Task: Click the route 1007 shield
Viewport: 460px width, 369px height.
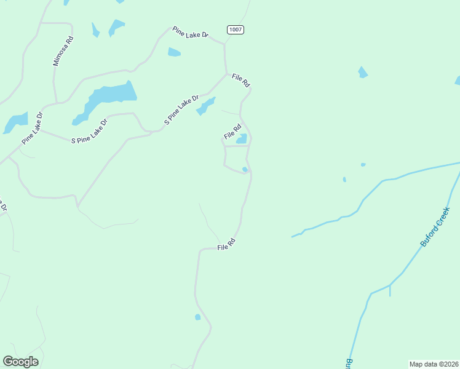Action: pos(235,30)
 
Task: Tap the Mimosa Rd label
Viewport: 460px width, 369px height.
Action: pos(63,51)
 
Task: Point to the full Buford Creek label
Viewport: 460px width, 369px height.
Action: pos(436,227)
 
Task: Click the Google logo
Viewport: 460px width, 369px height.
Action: pos(20,362)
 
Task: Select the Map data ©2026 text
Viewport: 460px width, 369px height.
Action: pos(434,363)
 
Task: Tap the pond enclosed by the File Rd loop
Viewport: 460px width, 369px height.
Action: pos(242,139)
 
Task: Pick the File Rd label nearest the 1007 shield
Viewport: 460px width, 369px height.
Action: pos(241,80)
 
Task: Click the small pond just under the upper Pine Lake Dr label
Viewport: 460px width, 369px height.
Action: pos(174,52)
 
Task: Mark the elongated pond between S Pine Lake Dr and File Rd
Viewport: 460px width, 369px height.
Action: pos(205,106)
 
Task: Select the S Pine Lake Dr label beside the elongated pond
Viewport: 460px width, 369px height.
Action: pos(182,111)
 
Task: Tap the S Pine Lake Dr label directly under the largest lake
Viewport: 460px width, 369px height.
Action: pos(89,131)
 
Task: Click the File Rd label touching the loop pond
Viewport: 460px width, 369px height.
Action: pos(232,131)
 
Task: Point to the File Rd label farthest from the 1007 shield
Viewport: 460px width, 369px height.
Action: pos(227,245)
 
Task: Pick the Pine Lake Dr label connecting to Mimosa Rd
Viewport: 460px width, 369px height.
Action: pos(32,128)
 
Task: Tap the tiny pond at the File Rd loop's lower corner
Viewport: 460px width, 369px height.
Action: pos(245,169)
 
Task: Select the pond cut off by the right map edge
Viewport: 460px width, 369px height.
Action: pos(457,81)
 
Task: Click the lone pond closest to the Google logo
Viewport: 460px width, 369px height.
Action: pos(197,317)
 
